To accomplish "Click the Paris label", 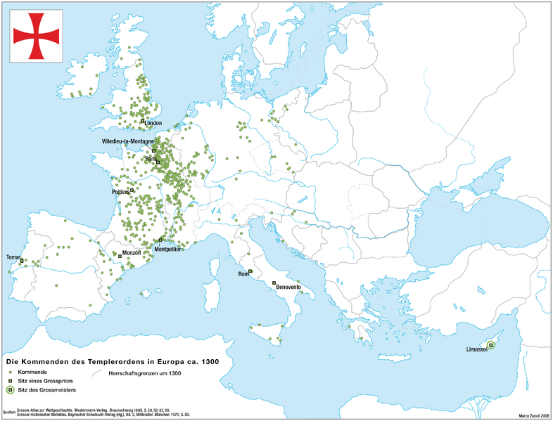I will click(150, 160).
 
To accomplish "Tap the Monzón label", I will click(132, 253).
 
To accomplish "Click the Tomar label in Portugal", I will click(13, 257).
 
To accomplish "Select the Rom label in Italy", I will click(244, 273).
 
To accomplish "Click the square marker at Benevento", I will click(273, 283).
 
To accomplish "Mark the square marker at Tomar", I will click(22, 261).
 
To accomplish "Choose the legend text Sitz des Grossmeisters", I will click(46, 389).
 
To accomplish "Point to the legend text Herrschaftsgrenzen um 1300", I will click(145, 373).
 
